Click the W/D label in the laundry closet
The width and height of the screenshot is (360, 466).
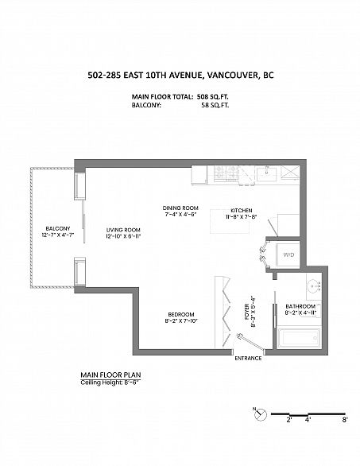point(288,255)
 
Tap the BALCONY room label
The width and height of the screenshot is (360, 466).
point(58,228)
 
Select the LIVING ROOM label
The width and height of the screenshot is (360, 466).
point(123,230)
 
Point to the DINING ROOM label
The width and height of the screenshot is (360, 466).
point(180,208)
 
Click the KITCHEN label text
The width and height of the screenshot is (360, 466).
point(241,211)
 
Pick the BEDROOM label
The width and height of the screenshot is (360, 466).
point(181,314)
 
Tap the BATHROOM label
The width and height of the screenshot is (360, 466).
point(300,306)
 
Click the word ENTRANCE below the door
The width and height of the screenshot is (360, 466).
point(248,359)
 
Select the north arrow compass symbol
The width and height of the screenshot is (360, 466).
point(260,414)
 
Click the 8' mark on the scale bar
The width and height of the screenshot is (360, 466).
point(345,420)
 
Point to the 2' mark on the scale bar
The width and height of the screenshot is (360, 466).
point(289,420)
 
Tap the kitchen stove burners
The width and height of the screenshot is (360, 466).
point(226,173)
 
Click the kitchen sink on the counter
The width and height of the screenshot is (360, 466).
point(266,173)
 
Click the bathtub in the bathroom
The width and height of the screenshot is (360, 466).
point(299,338)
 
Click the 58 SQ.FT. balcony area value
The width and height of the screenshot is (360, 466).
point(215,105)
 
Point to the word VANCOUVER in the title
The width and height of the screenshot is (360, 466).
point(232,76)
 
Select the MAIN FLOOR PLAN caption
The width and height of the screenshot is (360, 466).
point(110,375)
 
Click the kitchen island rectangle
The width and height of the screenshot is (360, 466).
point(230,221)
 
